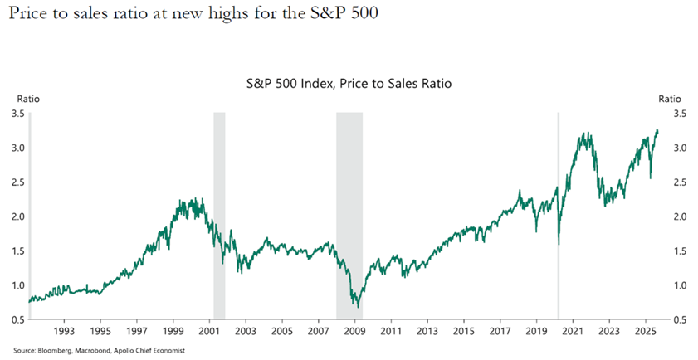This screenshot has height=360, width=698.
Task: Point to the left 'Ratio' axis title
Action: pyautogui.click(x=18, y=99)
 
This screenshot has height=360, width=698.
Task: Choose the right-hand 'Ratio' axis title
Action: pyautogui.click(x=669, y=99)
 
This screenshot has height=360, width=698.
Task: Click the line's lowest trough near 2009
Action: pyautogui.click(x=358, y=307)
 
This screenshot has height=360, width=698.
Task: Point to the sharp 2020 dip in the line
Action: pyautogui.click(x=558, y=244)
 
